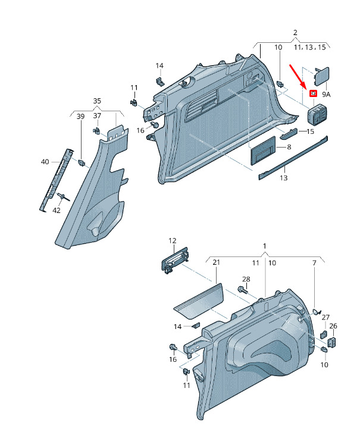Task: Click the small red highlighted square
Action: pos(313,93)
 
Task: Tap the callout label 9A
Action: pos(326,95)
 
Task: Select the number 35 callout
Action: pos(97,101)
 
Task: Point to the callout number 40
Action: pos(45,162)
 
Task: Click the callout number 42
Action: pos(57,211)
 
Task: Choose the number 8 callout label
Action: pos(289,147)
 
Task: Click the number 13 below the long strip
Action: pos(284,178)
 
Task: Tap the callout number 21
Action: pos(217,262)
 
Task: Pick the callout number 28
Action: pos(246,279)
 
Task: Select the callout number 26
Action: pos(333,326)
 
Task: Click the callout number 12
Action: pos(173,241)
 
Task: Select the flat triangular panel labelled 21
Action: pos(199,301)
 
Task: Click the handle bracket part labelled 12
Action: pos(174,260)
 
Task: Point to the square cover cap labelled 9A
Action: pos(322,77)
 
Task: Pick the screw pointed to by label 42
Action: pos(63,198)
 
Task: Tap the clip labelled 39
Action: pos(82,162)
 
